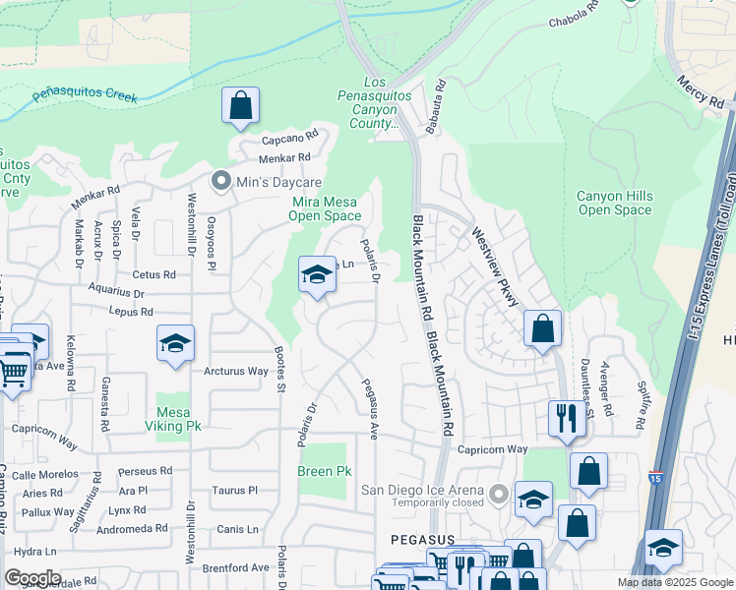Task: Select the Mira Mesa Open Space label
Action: [325, 208]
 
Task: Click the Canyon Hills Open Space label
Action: [614, 203]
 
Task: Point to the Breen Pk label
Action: [325, 472]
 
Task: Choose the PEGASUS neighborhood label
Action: [421, 540]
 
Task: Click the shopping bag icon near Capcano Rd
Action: [240, 105]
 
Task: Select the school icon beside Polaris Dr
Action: [317, 274]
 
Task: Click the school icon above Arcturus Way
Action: [174, 344]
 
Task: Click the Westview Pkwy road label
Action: [495, 267]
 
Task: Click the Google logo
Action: [31, 578]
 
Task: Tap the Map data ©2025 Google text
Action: [675, 582]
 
